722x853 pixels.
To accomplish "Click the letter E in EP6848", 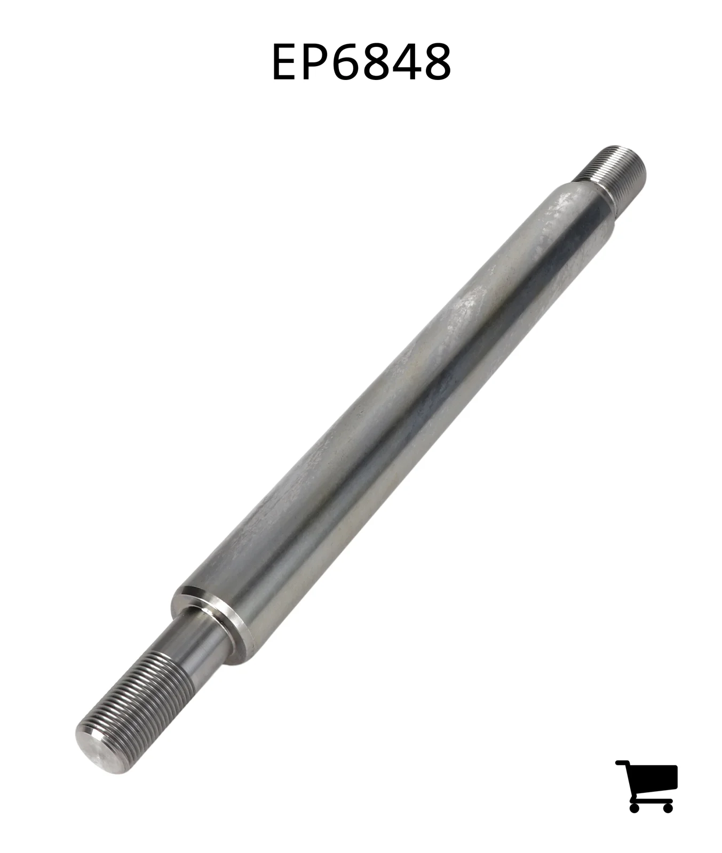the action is pos(287,62).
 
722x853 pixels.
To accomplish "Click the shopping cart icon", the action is pos(646,786).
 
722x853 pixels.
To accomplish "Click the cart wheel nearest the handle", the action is pos(635,807).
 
